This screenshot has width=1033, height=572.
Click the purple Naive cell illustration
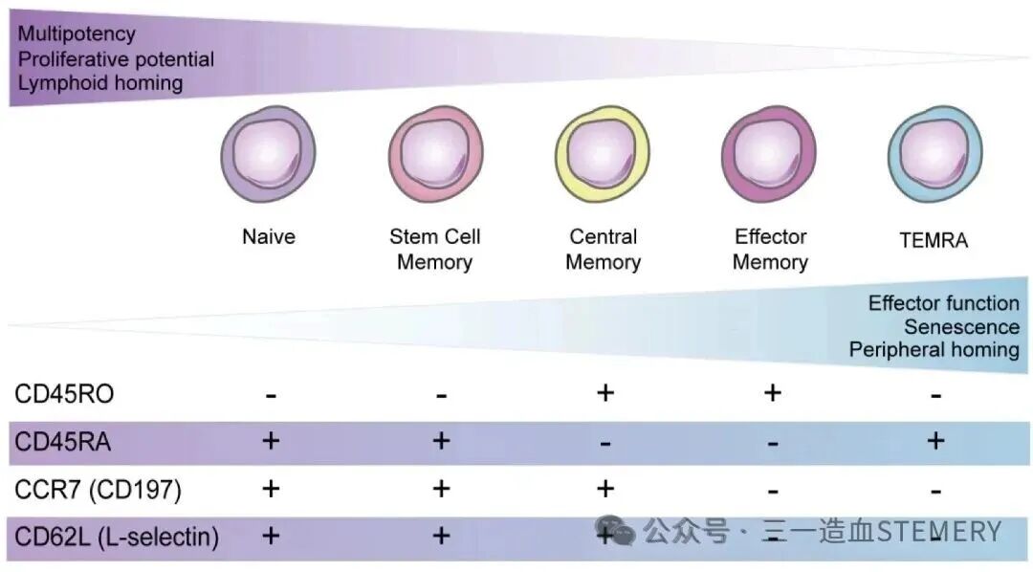268,154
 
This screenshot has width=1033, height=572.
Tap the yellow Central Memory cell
603,154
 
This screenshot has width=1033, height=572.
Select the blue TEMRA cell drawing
935,154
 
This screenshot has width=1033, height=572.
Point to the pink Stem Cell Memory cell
435,154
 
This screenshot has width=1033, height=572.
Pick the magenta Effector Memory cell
769,154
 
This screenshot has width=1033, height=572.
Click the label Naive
269,236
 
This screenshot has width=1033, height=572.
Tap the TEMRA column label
934,240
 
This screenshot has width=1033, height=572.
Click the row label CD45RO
65,394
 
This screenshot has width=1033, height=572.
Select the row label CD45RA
62,442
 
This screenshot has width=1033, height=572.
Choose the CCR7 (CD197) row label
99,490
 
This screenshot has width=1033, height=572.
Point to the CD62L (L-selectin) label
117,537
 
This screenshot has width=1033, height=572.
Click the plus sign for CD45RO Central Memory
605,393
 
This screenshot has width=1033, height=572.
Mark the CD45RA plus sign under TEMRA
935,440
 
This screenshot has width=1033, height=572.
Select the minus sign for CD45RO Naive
271,396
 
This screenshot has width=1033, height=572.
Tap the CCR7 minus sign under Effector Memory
773,492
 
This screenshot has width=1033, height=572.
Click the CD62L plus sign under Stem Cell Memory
441,535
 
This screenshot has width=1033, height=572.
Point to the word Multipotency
77,34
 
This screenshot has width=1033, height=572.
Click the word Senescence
962,327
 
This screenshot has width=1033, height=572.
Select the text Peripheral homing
934,350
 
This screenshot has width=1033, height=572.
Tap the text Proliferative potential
116,59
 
